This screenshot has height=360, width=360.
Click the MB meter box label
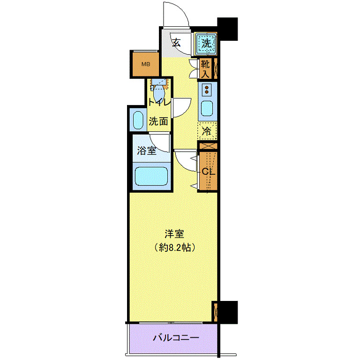(x=145, y=65)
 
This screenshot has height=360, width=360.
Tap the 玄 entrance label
(x=176, y=43)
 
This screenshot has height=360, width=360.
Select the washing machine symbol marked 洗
(x=206, y=43)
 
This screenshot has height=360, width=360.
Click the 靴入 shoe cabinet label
(x=205, y=68)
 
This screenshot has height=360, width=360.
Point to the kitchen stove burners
(x=207, y=88)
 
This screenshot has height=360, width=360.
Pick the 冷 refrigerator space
(x=207, y=131)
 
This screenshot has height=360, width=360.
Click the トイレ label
(x=158, y=102)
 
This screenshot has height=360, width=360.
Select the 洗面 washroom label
(x=158, y=121)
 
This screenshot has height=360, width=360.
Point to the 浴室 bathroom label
(x=146, y=151)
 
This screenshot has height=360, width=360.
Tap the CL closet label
(x=208, y=172)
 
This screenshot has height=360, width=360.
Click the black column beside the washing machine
(x=228, y=28)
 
